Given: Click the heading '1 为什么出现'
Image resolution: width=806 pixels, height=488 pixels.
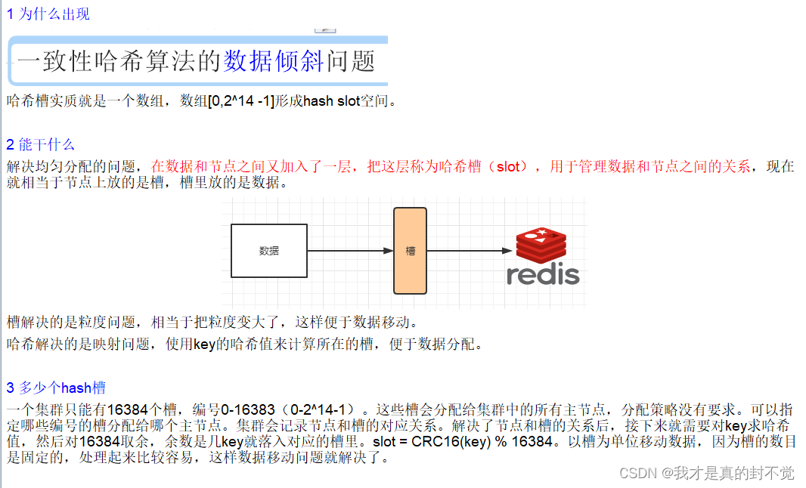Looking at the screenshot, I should pyautogui.click(x=48, y=14).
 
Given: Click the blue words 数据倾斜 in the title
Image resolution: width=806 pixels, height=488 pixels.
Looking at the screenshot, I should pyautogui.click(x=274, y=61).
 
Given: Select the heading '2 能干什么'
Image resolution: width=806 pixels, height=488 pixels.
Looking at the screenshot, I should pyautogui.click(x=41, y=144).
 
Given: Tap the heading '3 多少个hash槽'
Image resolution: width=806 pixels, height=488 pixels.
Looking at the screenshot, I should pyautogui.click(x=56, y=388).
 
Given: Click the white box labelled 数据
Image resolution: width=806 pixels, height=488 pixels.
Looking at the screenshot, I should pyautogui.click(x=268, y=251).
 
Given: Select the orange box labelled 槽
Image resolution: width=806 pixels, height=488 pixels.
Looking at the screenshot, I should pyautogui.click(x=411, y=251).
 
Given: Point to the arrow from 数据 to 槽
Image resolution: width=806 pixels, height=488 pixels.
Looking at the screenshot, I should pyautogui.click(x=350, y=251).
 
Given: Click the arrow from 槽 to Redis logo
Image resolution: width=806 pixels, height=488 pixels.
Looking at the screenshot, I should pyautogui.click(x=470, y=251).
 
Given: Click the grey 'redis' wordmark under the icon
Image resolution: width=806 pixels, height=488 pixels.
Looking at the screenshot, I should pyautogui.click(x=543, y=275).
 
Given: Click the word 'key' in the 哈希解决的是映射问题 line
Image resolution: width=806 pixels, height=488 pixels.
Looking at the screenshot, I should pyautogui.click(x=204, y=344).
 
